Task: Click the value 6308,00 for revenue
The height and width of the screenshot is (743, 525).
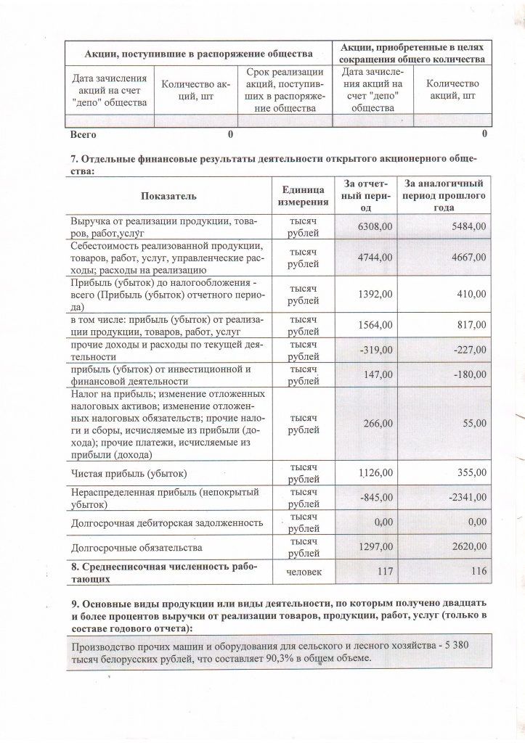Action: tap(375, 227)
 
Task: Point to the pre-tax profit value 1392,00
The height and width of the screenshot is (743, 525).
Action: tap(375, 294)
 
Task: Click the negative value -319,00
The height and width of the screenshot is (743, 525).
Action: tap(377, 350)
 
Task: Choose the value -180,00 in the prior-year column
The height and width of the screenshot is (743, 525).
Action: tap(469, 374)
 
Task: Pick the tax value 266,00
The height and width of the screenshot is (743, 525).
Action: tap(378, 424)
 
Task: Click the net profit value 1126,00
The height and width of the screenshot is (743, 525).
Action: tap(375, 474)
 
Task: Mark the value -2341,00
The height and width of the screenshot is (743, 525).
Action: tap(467, 497)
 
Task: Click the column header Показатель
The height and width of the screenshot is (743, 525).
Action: tap(168, 196)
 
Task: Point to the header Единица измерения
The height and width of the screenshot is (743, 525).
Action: tap(304, 196)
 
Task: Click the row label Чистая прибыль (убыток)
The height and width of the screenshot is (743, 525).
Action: tap(129, 474)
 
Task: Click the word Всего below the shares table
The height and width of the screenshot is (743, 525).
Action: tap(83, 134)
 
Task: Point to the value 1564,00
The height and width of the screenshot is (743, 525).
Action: tap(375, 326)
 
